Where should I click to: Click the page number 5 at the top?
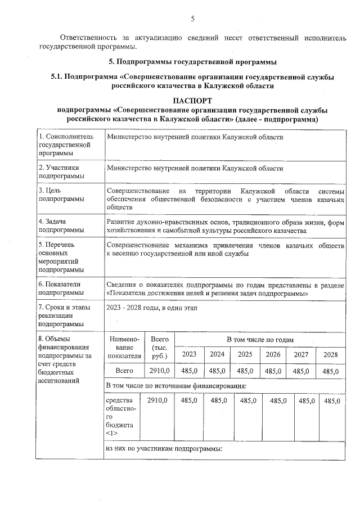pyautogui.click(x=192, y=19)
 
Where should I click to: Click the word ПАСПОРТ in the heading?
pyautogui.click(x=192, y=100)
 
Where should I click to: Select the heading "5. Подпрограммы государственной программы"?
pyautogui.click(x=192, y=61)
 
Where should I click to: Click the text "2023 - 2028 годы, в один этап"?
pyautogui.click(x=152, y=308)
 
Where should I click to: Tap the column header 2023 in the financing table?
pyautogui.click(x=189, y=354)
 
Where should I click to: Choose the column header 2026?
pyautogui.click(x=273, y=354)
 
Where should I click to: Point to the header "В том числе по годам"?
pyautogui.click(x=260, y=340)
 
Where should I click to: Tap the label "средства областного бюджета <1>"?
pyautogui.click(x=119, y=416)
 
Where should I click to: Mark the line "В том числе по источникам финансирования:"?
pyautogui.click(x=176, y=386)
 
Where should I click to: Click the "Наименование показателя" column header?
pyautogui.click(x=120, y=347)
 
